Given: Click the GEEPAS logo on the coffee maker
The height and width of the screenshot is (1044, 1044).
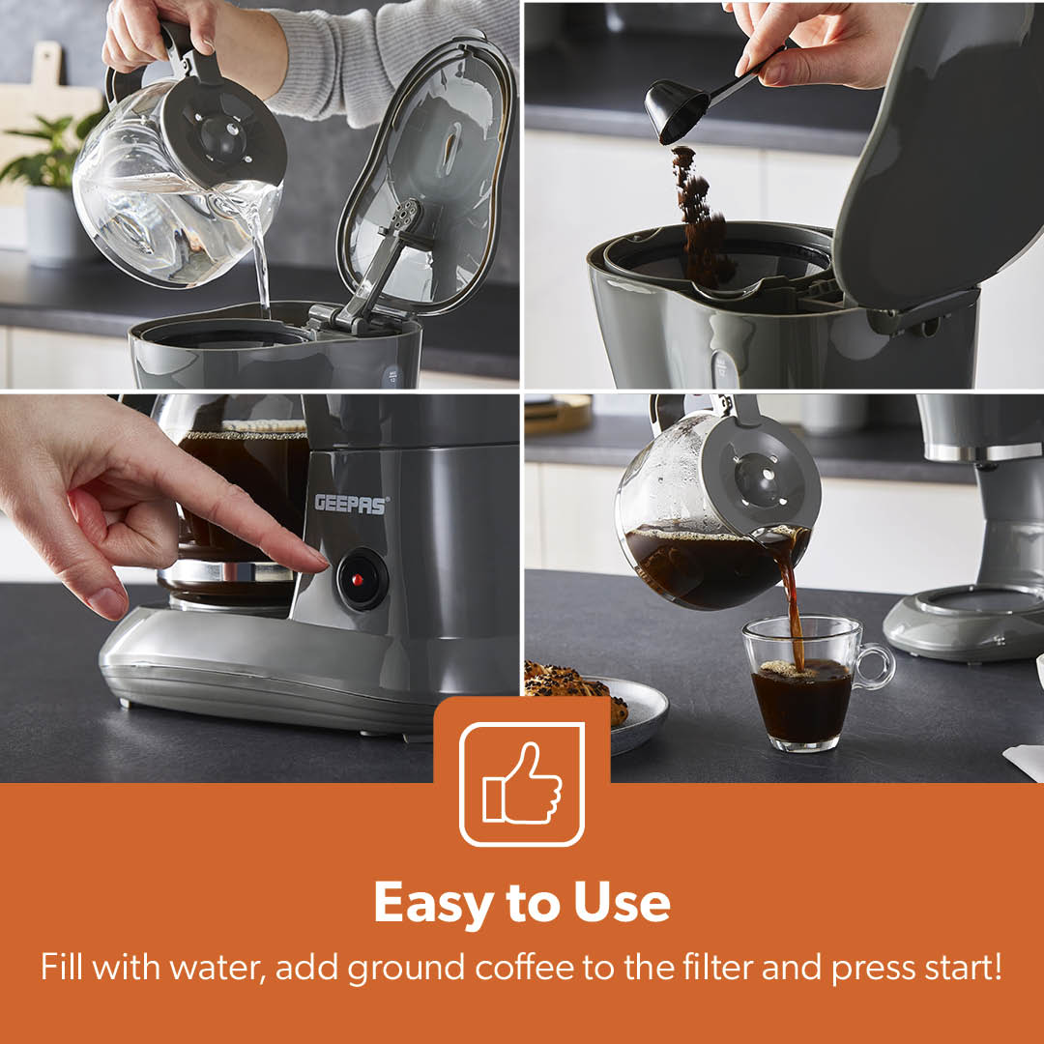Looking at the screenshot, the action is pyautogui.click(x=351, y=504).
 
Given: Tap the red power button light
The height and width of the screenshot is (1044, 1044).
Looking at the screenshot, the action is pyautogui.click(x=358, y=580).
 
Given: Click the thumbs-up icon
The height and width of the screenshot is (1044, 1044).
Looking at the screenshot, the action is pyautogui.click(x=522, y=784).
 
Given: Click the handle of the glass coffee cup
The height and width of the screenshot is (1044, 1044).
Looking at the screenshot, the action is pyautogui.click(x=875, y=666).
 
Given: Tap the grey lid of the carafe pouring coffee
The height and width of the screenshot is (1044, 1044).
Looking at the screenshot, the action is pyautogui.click(x=759, y=478).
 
